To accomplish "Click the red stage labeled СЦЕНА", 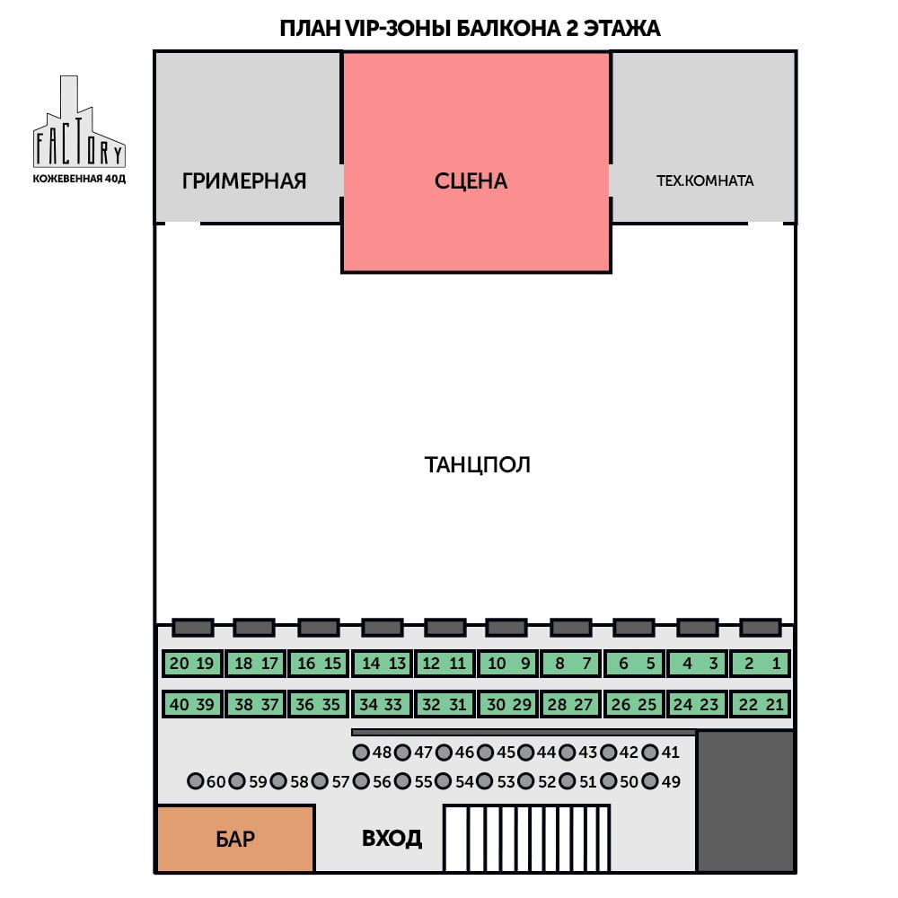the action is click(x=477, y=162).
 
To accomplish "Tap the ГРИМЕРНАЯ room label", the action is click(x=244, y=181).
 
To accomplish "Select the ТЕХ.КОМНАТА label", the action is click(x=704, y=180).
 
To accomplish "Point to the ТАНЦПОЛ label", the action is click(x=477, y=464).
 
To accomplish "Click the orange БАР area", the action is click(x=235, y=839).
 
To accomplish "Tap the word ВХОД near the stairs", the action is click(x=392, y=839).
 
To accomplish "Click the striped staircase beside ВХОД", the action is click(x=526, y=839).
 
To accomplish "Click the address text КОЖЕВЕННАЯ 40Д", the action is click(x=79, y=179).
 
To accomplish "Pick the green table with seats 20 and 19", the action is click(x=192, y=664).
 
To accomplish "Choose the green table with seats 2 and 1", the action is click(x=761, y=664).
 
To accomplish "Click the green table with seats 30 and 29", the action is click(x=508, y=704).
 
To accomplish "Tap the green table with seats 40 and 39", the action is click(x=192, y=704).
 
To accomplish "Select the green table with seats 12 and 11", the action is click(x=445, y=664).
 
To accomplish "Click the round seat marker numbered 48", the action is click(x=361, y=752).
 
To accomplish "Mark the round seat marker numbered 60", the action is click(x=195, y=781).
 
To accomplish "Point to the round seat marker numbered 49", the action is click(x=650, y=781).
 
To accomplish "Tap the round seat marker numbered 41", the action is click(x=650, y=752).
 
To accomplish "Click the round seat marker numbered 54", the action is click(x=444, y=781).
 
